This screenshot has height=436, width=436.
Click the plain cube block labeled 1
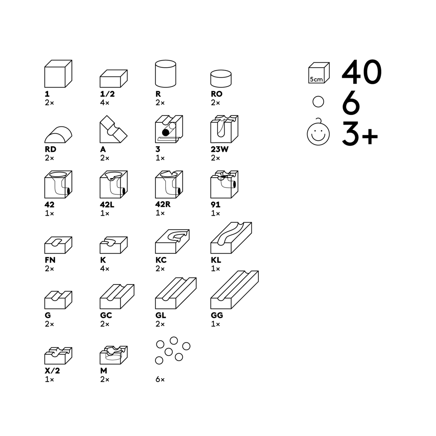point(58,74)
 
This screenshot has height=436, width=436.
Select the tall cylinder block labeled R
point(166,74)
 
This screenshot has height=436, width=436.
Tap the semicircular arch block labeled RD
point(58,135)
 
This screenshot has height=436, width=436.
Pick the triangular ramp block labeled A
point(113,129)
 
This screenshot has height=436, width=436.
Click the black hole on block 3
point(166,133)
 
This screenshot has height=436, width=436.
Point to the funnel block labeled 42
point(58,185)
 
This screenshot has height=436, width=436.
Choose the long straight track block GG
point(235,290)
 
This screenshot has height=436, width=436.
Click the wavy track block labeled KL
point(231,238)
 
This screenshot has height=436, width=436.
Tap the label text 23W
point(220,149)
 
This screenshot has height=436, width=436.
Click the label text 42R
point(163,204)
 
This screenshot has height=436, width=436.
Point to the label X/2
point(52,371)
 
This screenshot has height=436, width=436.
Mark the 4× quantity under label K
point(105,269)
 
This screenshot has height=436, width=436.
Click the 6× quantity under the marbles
point(160,379)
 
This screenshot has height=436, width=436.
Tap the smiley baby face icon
point(318,133)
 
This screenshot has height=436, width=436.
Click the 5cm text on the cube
point(316,80)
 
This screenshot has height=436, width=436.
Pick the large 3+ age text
point(360,133)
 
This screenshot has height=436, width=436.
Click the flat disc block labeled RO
point(221,78)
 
